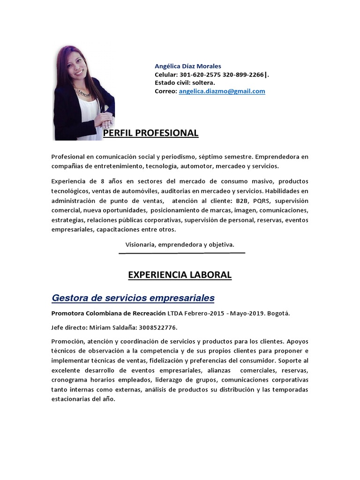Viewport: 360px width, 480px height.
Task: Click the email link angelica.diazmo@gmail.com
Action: pos(222,91)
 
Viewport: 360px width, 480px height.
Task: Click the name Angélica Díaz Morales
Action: pos(188,66)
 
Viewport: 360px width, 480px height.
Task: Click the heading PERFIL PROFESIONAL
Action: pos(150,133)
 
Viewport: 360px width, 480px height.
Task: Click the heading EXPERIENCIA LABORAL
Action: pos(180,275)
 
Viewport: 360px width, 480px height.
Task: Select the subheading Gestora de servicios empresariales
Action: pos(133,298)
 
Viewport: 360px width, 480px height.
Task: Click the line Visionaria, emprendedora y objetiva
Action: pos(180,245)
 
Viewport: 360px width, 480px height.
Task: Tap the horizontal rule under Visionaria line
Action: pos(182,253)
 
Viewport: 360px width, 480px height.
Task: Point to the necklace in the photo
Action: pos(83,92)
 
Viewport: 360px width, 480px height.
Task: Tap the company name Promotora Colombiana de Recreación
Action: pos(108,313)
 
